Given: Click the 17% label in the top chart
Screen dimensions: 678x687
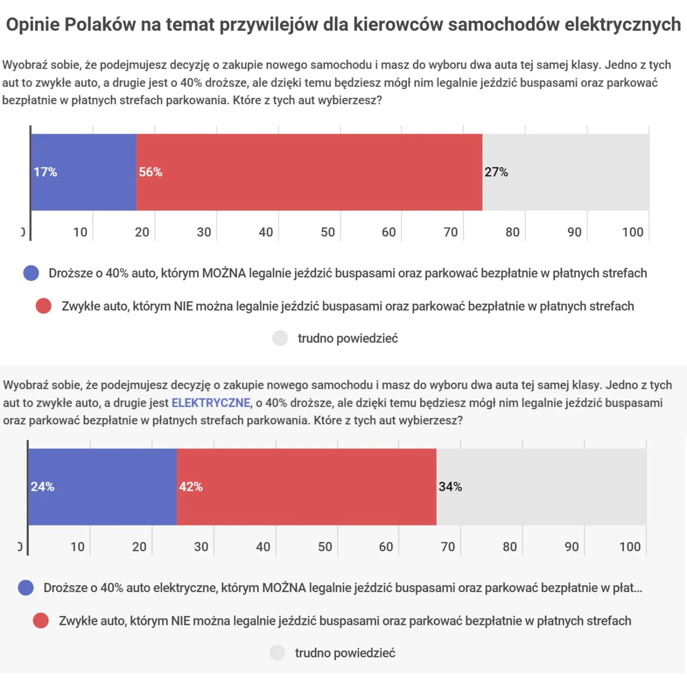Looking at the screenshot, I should pos(45,172).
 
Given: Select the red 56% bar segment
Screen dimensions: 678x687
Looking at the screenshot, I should pos(309,172).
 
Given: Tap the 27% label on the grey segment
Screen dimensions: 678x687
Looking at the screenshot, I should pos(496,172).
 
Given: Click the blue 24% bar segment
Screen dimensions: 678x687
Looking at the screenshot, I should pos(103,487).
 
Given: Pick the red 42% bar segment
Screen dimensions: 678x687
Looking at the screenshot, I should pos(307,487).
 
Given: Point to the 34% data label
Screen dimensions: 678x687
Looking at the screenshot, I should pos(450,487).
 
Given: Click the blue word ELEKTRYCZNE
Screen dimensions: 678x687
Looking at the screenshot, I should pos(211,403).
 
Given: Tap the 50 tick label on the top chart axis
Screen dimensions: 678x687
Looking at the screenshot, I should pos(328,232).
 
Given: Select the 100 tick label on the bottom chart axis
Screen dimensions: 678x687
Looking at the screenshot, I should pos(630,547).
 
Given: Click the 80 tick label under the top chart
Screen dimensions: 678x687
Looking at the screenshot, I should pos(512,232).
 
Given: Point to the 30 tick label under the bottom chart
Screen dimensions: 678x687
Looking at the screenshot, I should pos(201,547).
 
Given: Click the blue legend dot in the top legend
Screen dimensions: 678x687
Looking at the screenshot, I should pos(31,273).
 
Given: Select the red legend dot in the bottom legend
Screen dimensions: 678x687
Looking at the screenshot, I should pos(41,621).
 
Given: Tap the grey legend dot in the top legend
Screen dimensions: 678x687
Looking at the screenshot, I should pos(280,338).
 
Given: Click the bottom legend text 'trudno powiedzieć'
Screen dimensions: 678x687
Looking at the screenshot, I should pos(345,653).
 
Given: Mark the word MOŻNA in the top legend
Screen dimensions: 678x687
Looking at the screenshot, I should pos(224,273).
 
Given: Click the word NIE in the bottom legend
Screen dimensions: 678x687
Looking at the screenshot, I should pos(180,621).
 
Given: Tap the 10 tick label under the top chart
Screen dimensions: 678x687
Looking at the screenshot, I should pos(80,232).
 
